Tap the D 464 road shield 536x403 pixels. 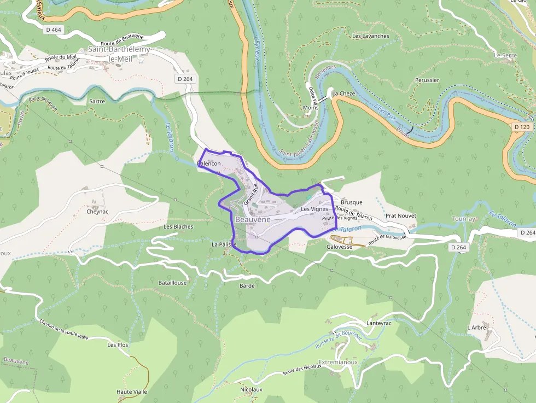click(53, 30)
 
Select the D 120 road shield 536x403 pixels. click(522, 127)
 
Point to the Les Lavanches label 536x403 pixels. click(371, 36)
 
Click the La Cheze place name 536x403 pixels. click(343, 94)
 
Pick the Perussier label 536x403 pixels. click(427, 80)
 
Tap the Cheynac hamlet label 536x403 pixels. click(98, 211)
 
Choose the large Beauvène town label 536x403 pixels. click(253, 219)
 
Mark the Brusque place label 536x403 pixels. click(351, 202)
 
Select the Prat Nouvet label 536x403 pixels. click(401, 216)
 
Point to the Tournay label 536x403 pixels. click(463, 219)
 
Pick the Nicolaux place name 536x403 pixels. click(251, 389)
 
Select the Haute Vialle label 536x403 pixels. click(132, 392)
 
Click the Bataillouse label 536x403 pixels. click(172, 283)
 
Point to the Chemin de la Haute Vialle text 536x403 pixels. click(63, 331)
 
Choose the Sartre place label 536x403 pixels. click(96, 101)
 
